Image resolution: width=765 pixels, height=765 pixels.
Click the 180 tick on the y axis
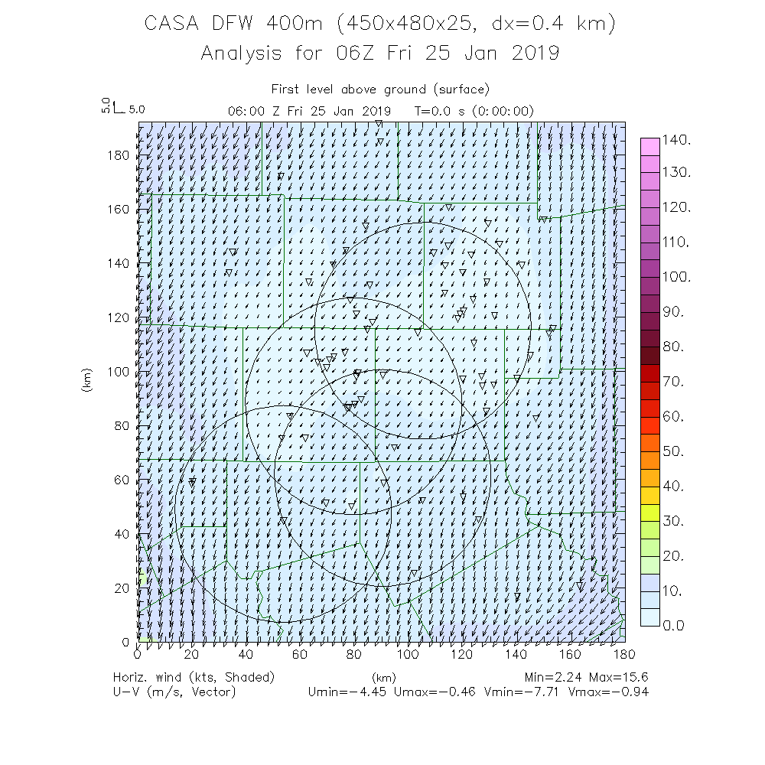tap(119, 156)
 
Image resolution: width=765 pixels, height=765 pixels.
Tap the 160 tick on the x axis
tap(571, 654)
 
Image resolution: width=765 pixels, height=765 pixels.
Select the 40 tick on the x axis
tap(246, 654)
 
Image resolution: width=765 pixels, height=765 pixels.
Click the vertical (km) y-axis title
tap(86, 380)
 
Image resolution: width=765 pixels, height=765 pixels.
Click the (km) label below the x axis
tap(382, 678)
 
